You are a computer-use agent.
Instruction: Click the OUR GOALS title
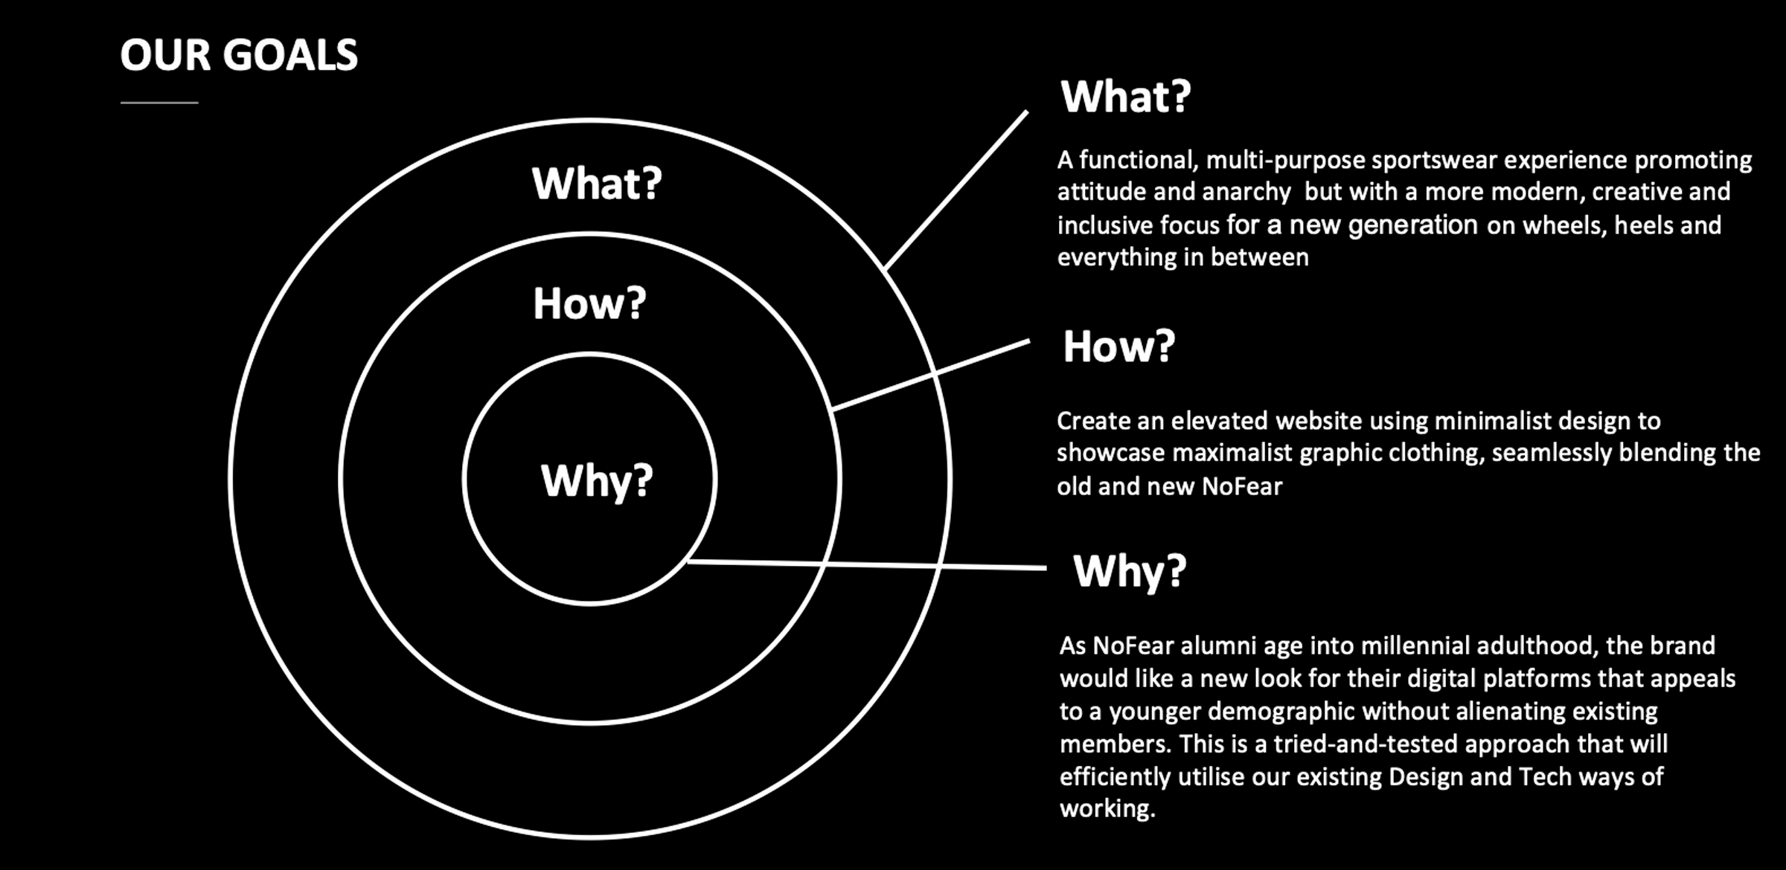point(239,55)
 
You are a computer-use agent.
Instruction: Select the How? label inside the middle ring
point(589,303)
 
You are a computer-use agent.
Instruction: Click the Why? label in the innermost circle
point(597,480)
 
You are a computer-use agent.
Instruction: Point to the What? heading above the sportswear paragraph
point(1125,97)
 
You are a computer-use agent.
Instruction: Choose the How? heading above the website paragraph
point(1118,347)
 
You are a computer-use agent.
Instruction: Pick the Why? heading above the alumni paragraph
point(1130,571)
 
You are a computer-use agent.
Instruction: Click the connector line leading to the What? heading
point(956,190)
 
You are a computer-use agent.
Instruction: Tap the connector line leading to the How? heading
point(930,376)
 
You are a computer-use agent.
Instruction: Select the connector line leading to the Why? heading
point(867,564)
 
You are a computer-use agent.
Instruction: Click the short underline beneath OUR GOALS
point(159,103)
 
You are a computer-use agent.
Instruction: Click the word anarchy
point(1246,193)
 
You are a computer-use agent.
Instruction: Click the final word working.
point(1107,809)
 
